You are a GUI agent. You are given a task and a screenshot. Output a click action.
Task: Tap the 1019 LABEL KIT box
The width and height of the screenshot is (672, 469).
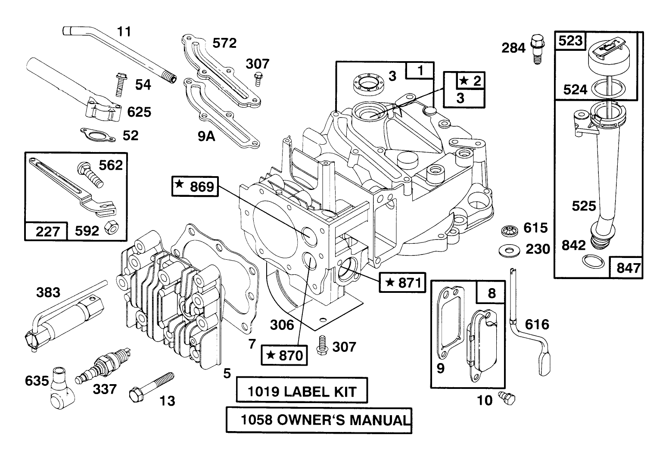302,391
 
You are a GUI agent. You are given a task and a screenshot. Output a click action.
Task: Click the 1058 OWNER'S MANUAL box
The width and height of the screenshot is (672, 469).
319,420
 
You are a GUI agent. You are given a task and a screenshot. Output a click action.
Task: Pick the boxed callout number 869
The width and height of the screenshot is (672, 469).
194,186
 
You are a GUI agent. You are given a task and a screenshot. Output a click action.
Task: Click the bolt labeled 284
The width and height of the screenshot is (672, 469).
537,47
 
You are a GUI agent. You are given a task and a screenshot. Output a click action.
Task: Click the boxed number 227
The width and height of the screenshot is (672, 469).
47,231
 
